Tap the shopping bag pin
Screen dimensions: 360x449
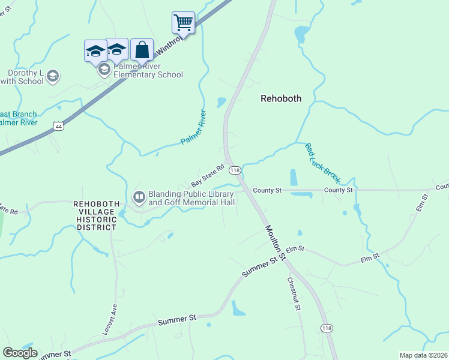coord(142,50)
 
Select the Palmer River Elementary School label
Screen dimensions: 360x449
coord(148,71)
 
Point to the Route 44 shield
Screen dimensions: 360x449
coord(57,126)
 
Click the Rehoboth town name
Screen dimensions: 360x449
coord(281,98)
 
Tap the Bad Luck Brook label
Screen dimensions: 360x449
coord(322,163)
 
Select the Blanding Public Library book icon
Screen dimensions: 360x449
coord(139,196)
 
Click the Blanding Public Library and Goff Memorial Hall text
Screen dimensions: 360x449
coord(191,198)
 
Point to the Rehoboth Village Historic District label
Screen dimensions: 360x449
coord(95,215)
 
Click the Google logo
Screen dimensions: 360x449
coord(20,353)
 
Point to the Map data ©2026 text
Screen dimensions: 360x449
coord(423,355)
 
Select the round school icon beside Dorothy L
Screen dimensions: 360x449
coord(53,76)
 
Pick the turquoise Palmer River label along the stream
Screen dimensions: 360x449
coord(193,127)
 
